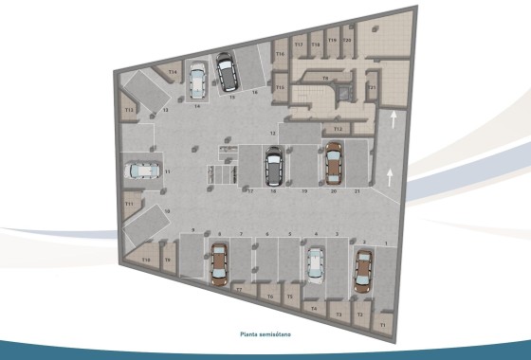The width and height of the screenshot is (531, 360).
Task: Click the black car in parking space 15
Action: (x=228, y=69)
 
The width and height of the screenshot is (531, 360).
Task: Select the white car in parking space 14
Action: (x=197, y=81)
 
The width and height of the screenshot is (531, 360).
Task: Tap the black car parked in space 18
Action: (x=273, y=169)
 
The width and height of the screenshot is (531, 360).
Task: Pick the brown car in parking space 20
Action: (x=333, y=162)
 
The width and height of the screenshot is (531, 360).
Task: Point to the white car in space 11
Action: (x=141, y=171)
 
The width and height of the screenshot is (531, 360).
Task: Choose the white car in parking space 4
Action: (x=313, y=263)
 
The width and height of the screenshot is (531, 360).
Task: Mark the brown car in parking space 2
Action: (x=363, y=269)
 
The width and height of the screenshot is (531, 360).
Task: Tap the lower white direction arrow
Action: (x=392, y=173)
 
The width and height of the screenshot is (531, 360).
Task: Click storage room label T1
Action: (x=382, y=323)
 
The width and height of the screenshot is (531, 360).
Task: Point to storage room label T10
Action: (x=146, y=259)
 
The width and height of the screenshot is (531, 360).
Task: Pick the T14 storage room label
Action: (x=173, y=72)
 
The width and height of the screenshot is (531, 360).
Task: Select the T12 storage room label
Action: (x=338, y=128)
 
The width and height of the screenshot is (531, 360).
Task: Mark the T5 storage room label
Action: (x=290, y=297)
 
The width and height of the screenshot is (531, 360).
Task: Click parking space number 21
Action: (x=356, y=191)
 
